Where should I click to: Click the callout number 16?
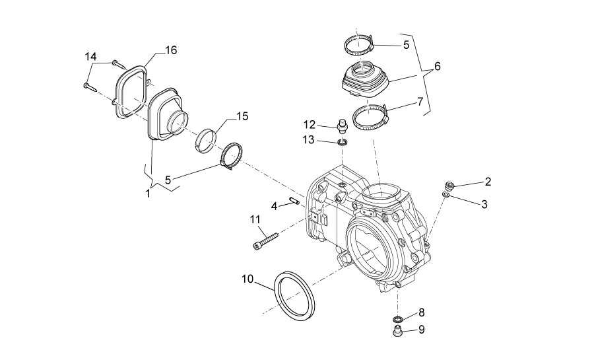pyautogui.click(x=171, y=50)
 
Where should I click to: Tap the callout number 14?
pyautogui.click(x=90, y=57)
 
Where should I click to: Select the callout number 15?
pyautogui.click(x=242, y=116)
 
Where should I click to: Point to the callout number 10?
pyautogui.click(x=247, y=279)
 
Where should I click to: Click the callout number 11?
pyautogui.click(x=255, y=219)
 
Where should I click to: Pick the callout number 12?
pyautogui.click(x=309, y=124)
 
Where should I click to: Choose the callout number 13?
pyautogui.click(x=308, y=140)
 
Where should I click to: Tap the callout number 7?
pyautogui.click(x=419, y=102)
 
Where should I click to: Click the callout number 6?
pyautogui.click(x=438, y=66)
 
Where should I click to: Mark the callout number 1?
pyautogui.click(x=148, y=194)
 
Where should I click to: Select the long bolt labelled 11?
pyautogui.click(x=265, y=240)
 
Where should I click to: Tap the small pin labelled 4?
pyautogui.click(x=294, y=200)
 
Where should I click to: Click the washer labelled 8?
pyautogui.click(x=398, y=318)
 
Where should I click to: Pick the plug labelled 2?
pyautogui.click(x=449, y=186)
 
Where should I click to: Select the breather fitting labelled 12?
pyautogui.click(x=342, y=126)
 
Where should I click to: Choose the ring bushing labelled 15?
pyautogui.click(x=207, y=139)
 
